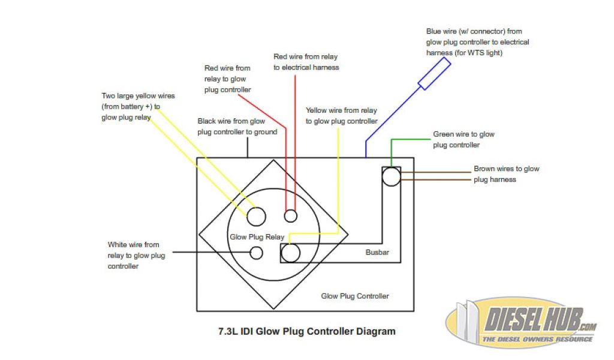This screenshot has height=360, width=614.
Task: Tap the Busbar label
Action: coord(377,253)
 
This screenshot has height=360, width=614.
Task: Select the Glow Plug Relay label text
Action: coord(257,237)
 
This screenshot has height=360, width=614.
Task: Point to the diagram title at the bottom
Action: coord(306,331)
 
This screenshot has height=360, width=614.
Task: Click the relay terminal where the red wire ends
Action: coord(291,215)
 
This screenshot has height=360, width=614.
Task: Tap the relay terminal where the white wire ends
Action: coord(256,253)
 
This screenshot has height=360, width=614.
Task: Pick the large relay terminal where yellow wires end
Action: coord(257,215)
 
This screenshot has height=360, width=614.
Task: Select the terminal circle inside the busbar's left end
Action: coord(291,253)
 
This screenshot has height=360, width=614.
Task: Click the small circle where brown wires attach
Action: coord(391,176)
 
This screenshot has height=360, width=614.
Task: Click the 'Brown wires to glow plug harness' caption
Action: coord(506,174)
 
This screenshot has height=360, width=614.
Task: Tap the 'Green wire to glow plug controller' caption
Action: coord(463,140)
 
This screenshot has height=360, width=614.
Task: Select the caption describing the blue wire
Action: coord(477,42)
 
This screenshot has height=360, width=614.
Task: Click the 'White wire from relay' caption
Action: coord(136,255)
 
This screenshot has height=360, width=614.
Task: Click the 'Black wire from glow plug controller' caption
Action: coord(237,127)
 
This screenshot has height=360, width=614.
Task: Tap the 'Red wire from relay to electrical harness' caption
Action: coord(306,62)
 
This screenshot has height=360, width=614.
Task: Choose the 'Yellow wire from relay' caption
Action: coord(341,116)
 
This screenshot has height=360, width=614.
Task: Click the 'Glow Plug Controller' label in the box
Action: coord(355,296)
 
